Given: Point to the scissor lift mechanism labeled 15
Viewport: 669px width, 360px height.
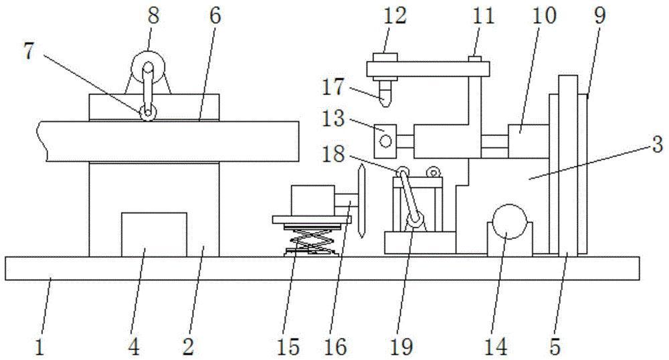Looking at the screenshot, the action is (x=309, y=240).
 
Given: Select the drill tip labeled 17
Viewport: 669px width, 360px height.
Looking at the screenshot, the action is (x=383, y=94).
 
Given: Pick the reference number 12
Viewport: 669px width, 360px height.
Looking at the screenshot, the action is (x=395, y=15).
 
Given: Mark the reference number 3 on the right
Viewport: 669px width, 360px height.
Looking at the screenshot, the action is (x=657, y=143).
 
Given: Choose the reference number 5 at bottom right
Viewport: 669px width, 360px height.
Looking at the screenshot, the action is (x=555, y=347).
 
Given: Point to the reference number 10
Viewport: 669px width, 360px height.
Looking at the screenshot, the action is (x=544, y=16).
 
